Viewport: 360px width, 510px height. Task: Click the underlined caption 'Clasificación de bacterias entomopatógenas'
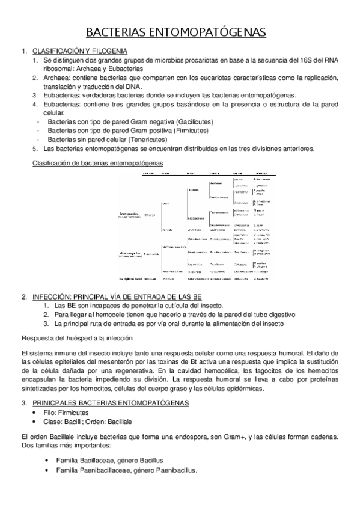point(97,162)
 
